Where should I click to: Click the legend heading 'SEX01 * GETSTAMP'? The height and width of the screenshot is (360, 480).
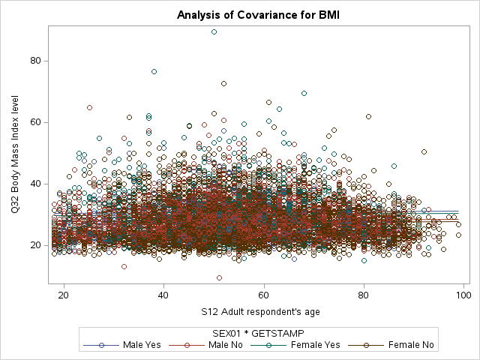pyautogui.click(x=257, y=331)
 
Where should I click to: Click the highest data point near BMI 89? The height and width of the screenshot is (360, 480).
pyautogui.click(x=214, y=32)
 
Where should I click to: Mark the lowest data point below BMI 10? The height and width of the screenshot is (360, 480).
pyautogui.click(x=219, y=277)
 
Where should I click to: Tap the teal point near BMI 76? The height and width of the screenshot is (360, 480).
pyautogui.click(x=154, y=71)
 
